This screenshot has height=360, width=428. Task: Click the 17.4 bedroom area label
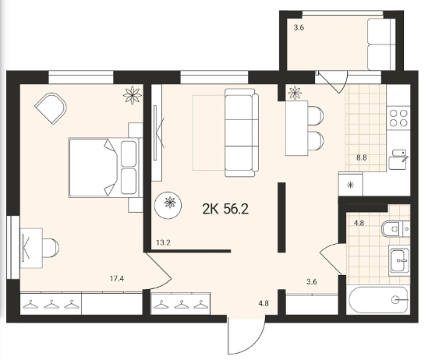117,279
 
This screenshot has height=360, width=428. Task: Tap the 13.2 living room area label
163,242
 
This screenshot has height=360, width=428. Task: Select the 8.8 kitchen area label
362,157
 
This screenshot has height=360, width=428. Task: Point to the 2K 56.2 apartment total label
225,210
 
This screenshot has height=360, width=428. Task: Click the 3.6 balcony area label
299,27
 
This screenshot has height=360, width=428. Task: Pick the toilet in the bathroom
395,229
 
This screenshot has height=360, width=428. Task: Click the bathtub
379,300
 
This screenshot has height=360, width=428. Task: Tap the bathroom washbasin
399,260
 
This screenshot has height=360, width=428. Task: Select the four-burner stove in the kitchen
398,118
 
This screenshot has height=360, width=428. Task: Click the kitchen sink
399,160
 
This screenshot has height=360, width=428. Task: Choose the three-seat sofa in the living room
242,132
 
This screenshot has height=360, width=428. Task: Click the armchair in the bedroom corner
51,108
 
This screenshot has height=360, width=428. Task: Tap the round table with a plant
168,205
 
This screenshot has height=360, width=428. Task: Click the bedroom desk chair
51,248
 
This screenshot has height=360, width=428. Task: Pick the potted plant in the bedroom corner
133,95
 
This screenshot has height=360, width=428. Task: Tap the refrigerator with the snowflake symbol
351,184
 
